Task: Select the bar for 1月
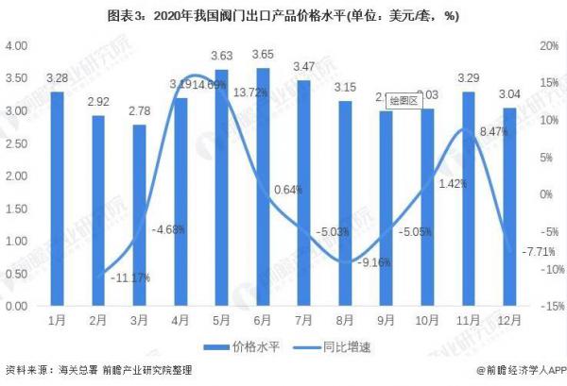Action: click(57, 198)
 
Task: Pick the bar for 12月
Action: click(509, 207)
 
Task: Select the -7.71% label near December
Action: click(522, 252)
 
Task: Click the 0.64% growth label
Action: click(287, 190)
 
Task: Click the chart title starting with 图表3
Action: click(283, 14)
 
